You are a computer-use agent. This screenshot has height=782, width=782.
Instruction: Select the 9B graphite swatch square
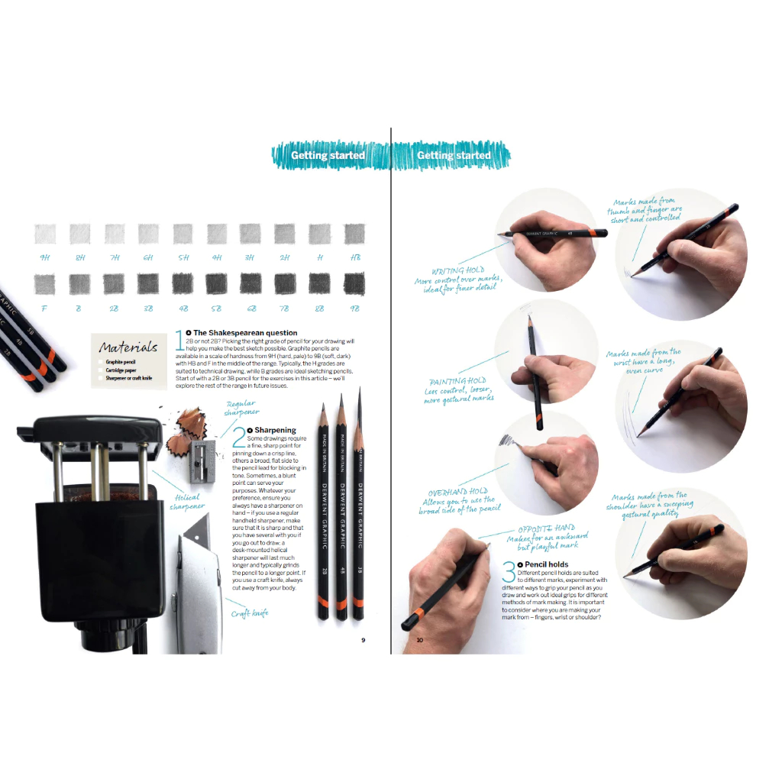point(354,284)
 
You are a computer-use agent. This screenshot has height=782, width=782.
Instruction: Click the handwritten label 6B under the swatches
point(250,309)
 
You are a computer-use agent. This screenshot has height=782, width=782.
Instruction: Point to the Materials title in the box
point(128,347)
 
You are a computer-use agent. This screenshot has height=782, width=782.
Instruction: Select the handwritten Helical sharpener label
point(187,500)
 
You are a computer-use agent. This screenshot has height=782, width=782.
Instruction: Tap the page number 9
point(364,640)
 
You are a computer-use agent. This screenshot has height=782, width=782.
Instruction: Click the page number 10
point(419,640)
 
